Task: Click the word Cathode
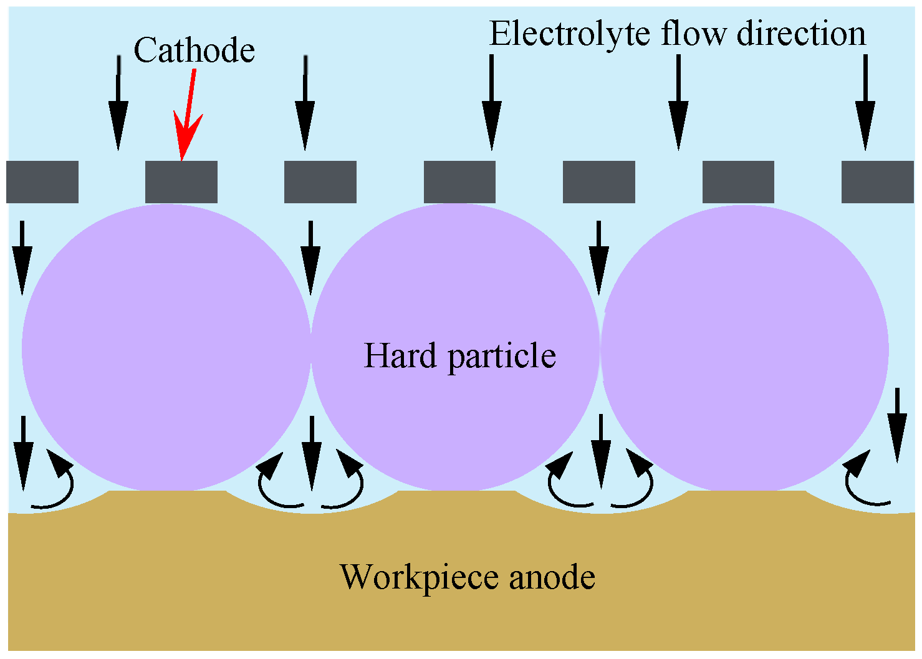click(x=194, y=50)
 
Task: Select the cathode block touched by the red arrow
click(x=181, y=182)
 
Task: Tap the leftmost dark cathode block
click(x=42, y=182)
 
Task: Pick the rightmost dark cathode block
click(x=877, y=182)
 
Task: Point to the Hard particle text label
click(x=459, y=356)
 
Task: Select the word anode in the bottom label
click(x=552, y=577)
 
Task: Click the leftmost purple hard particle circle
click(x=166, y=348)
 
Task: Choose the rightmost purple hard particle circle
click(x=744, y=348)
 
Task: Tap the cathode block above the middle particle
click(x=459, y=182)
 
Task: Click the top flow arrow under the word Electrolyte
click(x=491, y=103)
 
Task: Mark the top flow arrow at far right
click(x=865, y=103)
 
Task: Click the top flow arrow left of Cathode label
click(x=118, y=103)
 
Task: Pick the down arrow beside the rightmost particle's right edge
click(x=897, y=424)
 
